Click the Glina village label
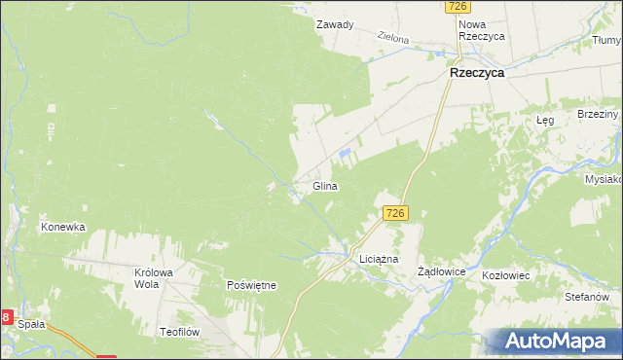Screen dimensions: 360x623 tap(325, 185)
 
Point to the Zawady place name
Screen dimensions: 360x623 tap(334, 24)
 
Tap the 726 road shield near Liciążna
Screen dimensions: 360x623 tap(394, 213)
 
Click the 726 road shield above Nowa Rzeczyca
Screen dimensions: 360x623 tap(459, 7)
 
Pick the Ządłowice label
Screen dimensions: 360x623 tap(443, 272)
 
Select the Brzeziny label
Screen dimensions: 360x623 tap(597, 114)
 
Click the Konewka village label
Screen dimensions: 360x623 tap(62, 227)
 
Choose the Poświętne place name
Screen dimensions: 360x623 tap(251, 285)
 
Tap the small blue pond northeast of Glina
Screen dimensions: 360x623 tap(344, 153)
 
